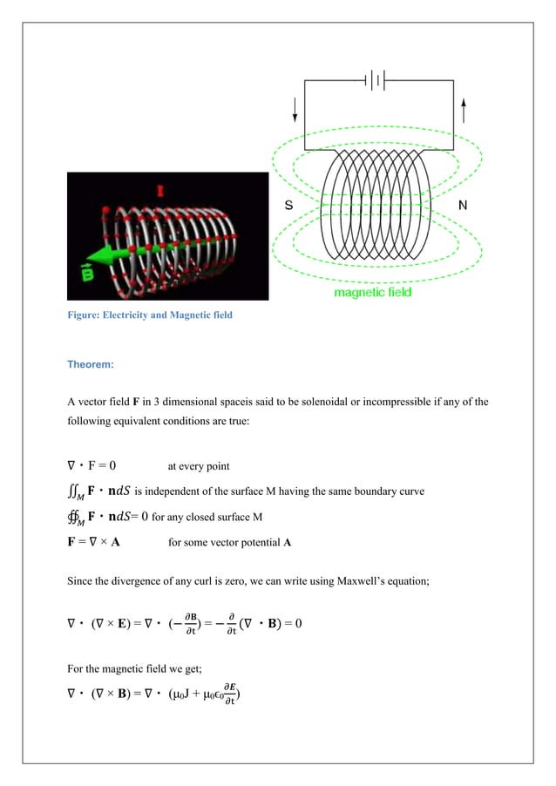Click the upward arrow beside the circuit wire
[x=463, y=110]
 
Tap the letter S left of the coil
[x=288, y=207]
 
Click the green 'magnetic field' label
[x=373, y=293]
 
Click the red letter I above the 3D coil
[x=159, y=189]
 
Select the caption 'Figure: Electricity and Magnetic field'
[x=150, y=315]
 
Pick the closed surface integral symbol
[x=76, y=518]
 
